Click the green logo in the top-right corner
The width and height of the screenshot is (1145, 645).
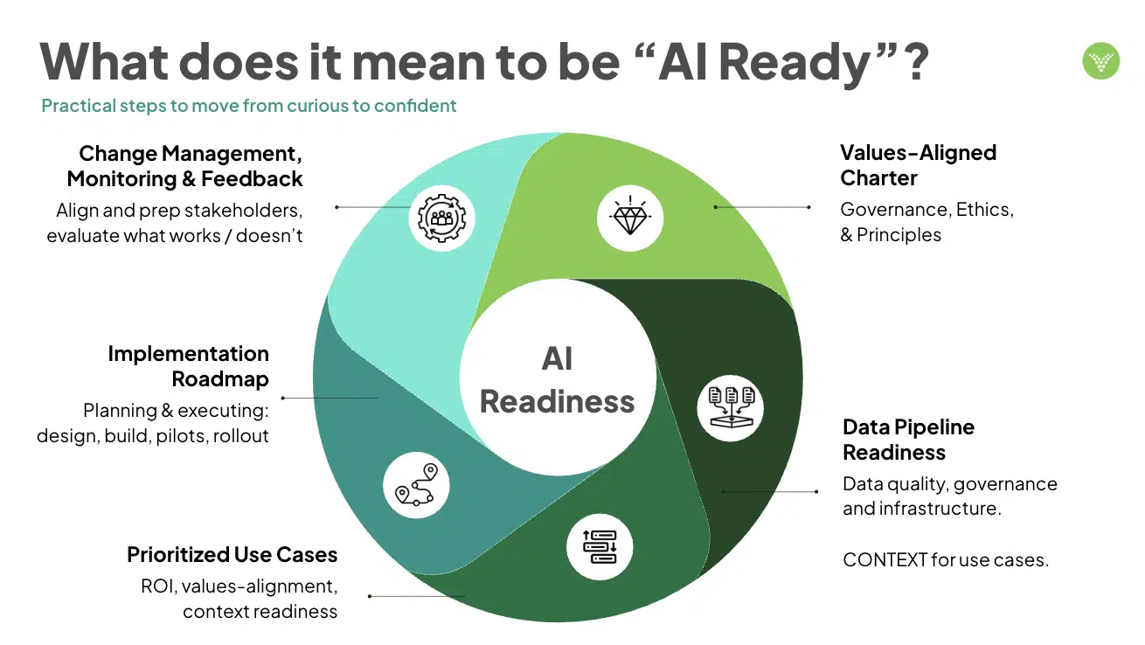tap(1101, 61)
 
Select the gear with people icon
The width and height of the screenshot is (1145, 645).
tap(441, 218)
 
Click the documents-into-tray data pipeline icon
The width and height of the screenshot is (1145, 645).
tap(731, 407)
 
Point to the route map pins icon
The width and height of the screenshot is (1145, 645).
tap(416, 484)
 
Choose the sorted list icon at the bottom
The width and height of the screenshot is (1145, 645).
tap(600, 547)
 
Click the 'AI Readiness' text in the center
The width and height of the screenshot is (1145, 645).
tap(557, 379)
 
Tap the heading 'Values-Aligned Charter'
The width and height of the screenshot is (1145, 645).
tap(918, 165)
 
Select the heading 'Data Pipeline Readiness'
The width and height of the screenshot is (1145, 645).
tap(908, 440)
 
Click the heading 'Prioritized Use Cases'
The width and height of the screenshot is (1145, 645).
tap(232, 554)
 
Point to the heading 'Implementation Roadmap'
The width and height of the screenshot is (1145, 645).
tap(188, 366)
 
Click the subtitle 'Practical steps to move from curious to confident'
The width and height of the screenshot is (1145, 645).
tap(249, 106)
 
